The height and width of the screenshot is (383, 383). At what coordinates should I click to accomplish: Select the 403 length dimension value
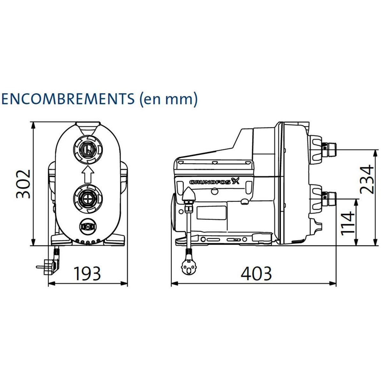click(x=256, y=274)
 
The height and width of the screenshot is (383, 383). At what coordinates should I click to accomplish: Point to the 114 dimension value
click(x=348, y=223)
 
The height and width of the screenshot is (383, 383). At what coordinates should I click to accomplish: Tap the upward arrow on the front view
click(x=88, y=174)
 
